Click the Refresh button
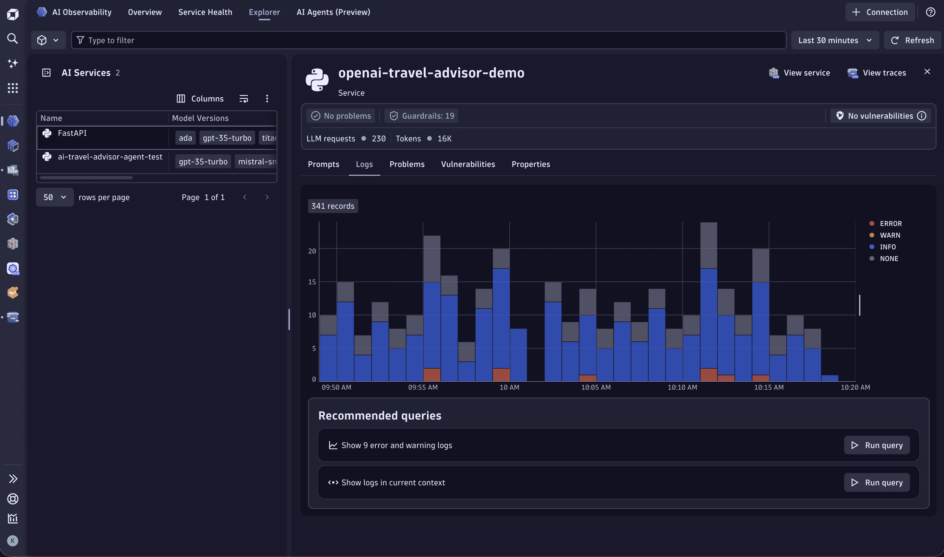tap(913, 40)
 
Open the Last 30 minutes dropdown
tap(834, 40)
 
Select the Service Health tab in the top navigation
tap(205, 12)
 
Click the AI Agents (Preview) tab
tap(333, 12)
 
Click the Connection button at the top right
tap(880, 12)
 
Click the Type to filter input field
tap(428, 40)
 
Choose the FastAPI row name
tap(72, 133)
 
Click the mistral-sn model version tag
tap(257, 161)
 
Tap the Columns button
tap(200, 98)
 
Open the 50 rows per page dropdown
tap(54, 197)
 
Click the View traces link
tap(877, 73)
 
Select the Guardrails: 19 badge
tap(422, 116)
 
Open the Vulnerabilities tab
tap(468, 164)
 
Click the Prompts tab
tap(323, 164)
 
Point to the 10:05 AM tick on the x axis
tap(596, 387)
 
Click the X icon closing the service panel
tap(927, 71)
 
